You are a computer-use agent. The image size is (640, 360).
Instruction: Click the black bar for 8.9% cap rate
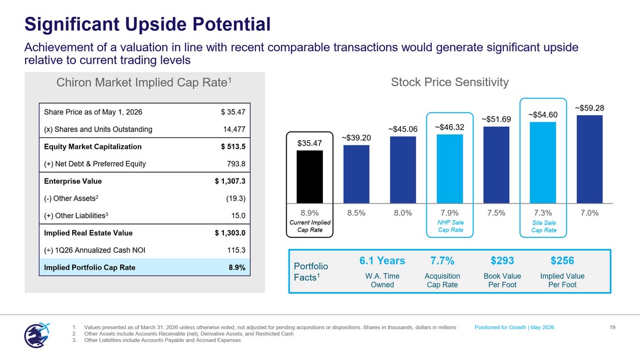point(310,177)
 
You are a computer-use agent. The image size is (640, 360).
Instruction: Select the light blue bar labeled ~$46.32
point(450,169)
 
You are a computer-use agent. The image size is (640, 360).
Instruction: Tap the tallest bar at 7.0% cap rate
point(589,159)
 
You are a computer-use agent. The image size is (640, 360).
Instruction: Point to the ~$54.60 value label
point(543,115)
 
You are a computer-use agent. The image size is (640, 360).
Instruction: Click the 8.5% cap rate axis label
point(356,213)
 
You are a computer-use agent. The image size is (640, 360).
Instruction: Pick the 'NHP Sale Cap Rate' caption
point(450,226)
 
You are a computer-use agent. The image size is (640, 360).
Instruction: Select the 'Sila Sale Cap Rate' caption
point(543,227)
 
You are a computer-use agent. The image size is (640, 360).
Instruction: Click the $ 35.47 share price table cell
point(233,112)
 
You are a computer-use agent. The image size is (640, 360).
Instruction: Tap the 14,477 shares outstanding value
point(234,129)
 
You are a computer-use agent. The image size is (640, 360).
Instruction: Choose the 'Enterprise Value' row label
point(73,181)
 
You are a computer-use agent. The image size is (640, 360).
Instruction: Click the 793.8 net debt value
point(236,163)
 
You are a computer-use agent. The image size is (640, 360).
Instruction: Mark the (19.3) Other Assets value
point(236,198)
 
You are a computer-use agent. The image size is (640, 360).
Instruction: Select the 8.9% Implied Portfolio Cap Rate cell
point(237,268)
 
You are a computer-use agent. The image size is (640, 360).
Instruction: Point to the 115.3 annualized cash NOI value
point(236,250)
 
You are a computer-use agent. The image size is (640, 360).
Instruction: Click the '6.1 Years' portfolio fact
point(382,261)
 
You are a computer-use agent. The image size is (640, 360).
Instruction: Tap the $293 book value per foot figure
point(502,261)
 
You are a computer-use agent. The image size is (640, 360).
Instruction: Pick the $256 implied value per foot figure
point(562,261)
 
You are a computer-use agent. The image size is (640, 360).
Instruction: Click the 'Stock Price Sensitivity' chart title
point(450,83)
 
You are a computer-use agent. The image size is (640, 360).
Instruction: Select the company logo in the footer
point(37,335)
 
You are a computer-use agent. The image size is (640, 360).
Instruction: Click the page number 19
point(612,327)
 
